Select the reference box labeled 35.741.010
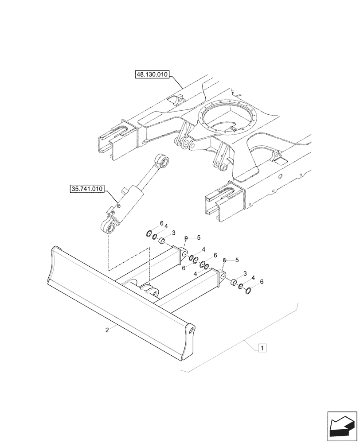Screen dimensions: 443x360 tap(86, 189)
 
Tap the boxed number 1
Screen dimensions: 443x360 tap(262, 348)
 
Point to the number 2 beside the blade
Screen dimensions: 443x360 tap(107, 330)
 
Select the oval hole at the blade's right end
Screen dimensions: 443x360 tap(191, 330)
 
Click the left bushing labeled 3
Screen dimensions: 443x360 tap(162, 241)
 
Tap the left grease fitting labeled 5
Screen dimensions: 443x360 tap(186, 238)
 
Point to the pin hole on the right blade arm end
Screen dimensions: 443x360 tap(220, 273)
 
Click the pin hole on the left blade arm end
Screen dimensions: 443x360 tap(183, 253)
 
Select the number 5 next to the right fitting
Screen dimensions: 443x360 tap(237, 260)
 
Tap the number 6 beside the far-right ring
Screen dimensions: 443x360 tap(262, 282)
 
